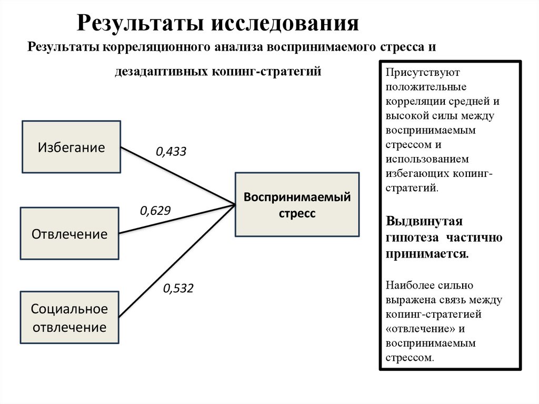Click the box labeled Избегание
71,147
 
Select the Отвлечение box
69,233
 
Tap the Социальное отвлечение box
69,318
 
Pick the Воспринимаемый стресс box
297,205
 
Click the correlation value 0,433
171,152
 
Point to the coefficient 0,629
155,211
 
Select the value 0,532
178,288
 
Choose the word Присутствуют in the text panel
415,72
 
